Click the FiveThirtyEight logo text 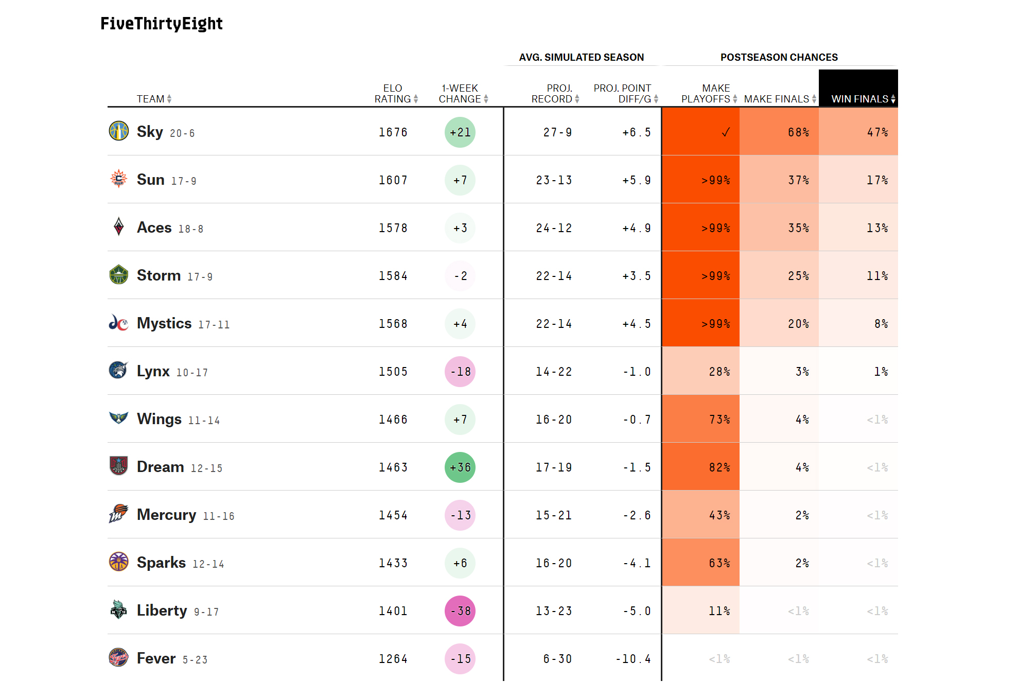(161, 24)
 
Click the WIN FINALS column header (859, 99)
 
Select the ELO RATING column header (393, 94)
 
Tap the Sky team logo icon (119, 131)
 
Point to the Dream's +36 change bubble (460, 467)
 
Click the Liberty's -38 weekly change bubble (460, 611)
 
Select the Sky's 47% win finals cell (858, 132)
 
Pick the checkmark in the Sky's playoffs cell (725, 132)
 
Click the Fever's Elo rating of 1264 (393, 659)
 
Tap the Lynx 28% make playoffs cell (701, 372)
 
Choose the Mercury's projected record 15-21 (554, 515)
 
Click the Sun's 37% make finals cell (779, 180)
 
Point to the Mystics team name (164, 323)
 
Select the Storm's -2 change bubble (460, 276)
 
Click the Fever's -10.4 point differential (633, 659)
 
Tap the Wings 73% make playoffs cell (701, 420)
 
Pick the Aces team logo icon (119, 226)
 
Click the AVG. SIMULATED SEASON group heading (581, 57)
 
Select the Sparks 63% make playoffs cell (701, 563)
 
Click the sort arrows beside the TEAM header (169, 99)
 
